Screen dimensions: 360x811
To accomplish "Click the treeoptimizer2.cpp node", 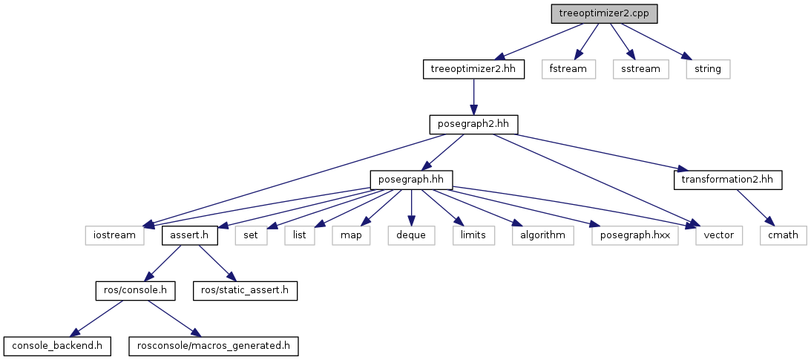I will point(604,13).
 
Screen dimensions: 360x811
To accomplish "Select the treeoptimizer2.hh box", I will point(473,69).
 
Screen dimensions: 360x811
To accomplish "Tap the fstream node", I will point(568,69).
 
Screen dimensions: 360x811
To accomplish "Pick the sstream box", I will point(641,69).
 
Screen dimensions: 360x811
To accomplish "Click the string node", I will point(708,69).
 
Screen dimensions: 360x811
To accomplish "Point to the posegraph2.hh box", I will point(473,124).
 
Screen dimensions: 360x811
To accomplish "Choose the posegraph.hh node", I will point(411,180).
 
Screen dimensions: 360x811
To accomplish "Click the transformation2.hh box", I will point(727,180).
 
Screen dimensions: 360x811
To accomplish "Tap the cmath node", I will point(782,235).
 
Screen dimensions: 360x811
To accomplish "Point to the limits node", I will point(473,235).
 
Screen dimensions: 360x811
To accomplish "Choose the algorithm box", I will point(542,235).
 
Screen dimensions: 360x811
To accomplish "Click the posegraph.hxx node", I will point(635,235).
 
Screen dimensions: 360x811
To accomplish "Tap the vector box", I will point(719,235).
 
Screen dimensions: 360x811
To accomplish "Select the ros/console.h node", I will point(135,290).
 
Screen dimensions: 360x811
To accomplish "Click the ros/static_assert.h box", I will point(245,290).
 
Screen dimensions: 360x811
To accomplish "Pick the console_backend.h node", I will point(57,346).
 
